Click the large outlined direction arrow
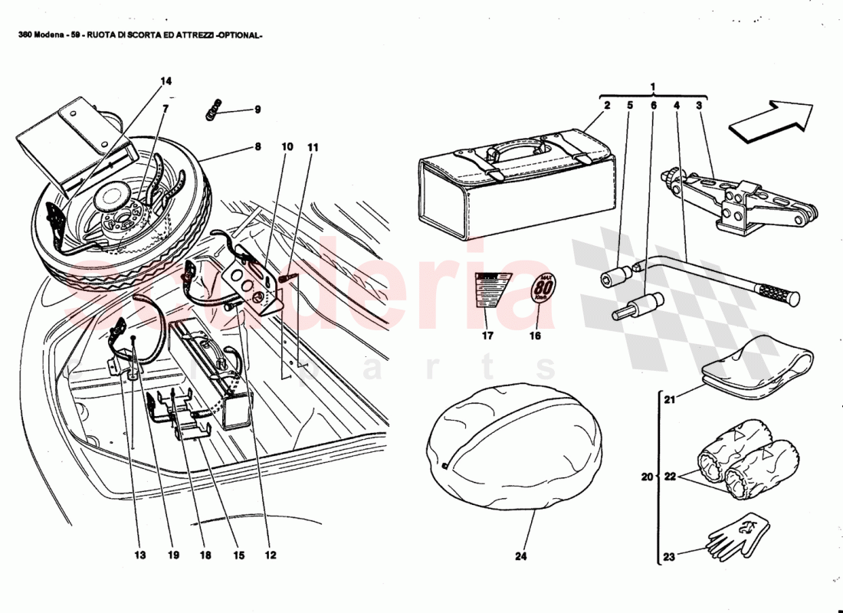point(771,120)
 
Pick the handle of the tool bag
point(519,147)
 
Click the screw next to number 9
point(214,110)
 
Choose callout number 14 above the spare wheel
point(166,81)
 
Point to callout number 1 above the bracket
point(653,86)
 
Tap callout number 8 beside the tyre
point(258,146)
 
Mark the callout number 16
point(535,336)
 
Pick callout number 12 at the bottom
point(270,556)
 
